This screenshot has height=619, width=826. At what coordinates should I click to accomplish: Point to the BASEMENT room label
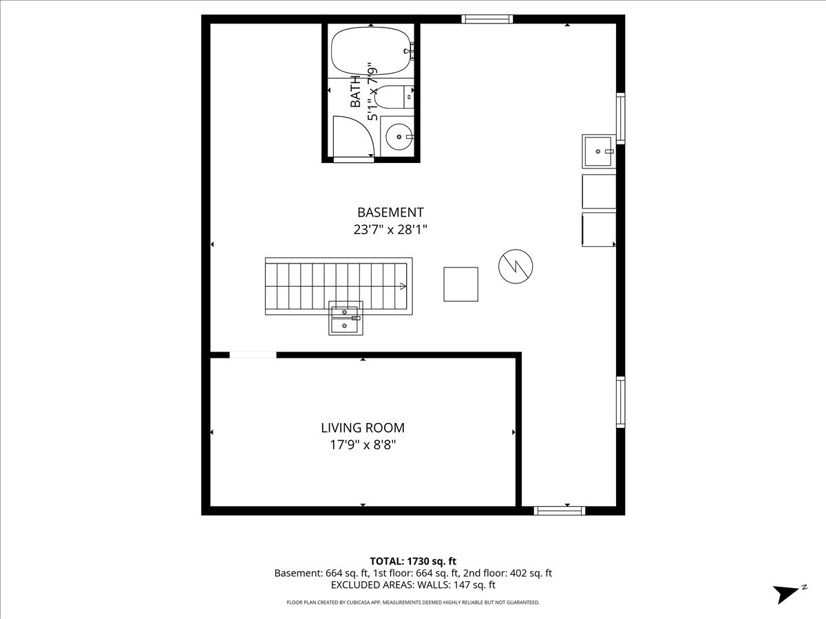[390, 213]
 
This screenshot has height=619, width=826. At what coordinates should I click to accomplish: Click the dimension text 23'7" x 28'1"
[390, 230]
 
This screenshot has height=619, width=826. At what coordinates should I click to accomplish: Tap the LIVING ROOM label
[363, 428]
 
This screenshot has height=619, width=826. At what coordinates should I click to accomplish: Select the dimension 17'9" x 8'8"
[363, 445]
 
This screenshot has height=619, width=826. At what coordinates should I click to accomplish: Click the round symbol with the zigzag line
[516, 265]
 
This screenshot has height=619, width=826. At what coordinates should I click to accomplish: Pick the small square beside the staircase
[460, 284]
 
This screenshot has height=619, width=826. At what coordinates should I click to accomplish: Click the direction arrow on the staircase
[401, 285]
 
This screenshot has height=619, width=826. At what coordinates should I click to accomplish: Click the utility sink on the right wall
[598, 151]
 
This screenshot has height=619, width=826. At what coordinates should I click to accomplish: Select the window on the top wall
[487, 19]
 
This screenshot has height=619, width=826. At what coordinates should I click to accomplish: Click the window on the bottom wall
[560, 510]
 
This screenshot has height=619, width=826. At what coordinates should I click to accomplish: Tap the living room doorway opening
[253, 355]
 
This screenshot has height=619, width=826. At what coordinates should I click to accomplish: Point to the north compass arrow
[787, 594]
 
